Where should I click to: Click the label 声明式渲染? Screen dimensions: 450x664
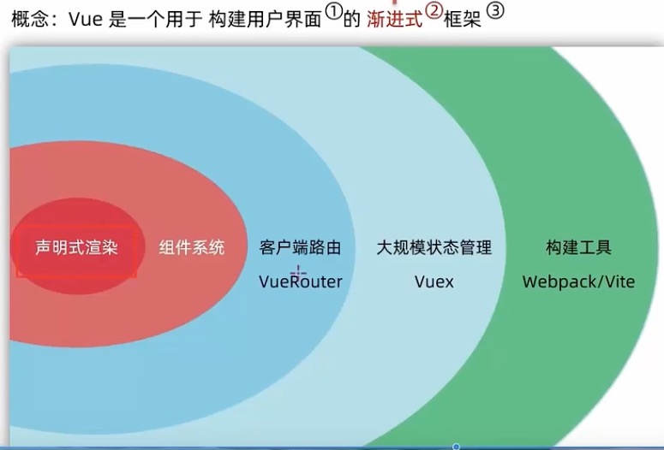pyautogui.click(x=75, y=248)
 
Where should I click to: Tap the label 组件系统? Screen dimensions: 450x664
pyautogui.click(x=192, y=248)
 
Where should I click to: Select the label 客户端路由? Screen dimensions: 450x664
pyautogui.click(x=300, y=248)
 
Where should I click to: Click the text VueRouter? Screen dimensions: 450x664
pyautogui.click(x=300, y=281)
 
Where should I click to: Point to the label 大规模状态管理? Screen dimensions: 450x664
pyautogui.click(x=434, y=248)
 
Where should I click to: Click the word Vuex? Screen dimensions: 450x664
pyautogui.click(x=434, y=281)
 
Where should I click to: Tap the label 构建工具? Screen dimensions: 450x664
pyautogui.click(x=578, y=248)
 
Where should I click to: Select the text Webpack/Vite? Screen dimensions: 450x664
pyautogui.click(x=578, y=281)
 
